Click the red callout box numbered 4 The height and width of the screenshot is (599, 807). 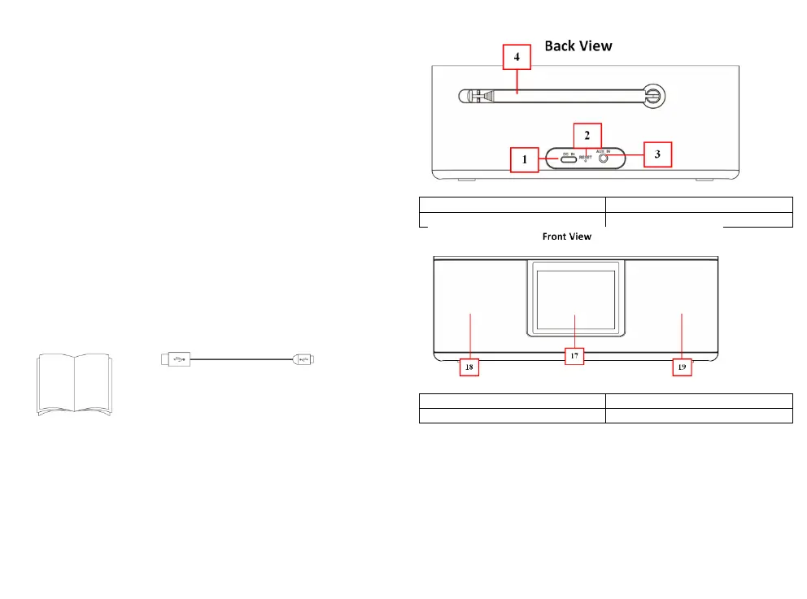point(518,59)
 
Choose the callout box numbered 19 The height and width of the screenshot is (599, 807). point(682,367)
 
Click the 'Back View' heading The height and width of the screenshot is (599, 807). point(578,46)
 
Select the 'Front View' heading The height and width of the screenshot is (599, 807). point(566,237)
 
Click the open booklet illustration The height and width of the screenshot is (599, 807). point(74,384)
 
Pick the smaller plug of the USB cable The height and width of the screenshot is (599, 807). point(308,358)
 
